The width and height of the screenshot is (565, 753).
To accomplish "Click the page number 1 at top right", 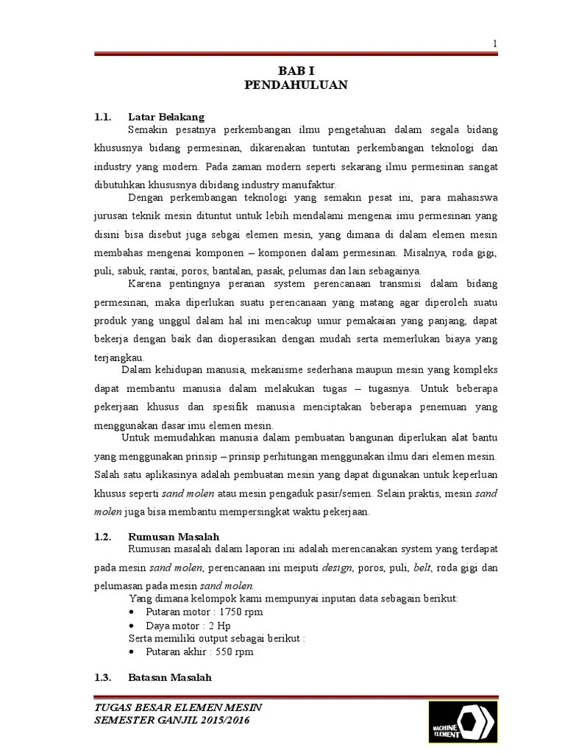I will pos(495,44).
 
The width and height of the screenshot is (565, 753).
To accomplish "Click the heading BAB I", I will pos(295,71).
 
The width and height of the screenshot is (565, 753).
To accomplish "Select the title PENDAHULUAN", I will pos(295,85).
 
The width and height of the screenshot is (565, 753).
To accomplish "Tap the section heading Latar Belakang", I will pos(166,117).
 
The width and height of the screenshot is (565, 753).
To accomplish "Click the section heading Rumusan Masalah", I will pos(174,537).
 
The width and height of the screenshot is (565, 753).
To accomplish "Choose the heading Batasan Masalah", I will pos(170,677).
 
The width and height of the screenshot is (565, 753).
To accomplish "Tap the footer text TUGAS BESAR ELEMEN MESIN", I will pos(179,707).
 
